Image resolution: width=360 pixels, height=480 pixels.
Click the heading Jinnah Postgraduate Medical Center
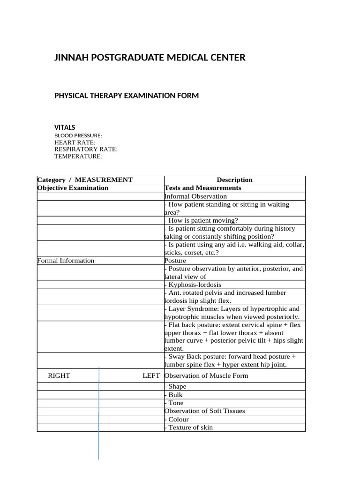click(150, 58)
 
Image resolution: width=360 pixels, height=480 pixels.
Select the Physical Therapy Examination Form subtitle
click(127, 96)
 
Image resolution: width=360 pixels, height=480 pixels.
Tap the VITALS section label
click(65, 127)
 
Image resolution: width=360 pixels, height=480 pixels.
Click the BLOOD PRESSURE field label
click(78, 135)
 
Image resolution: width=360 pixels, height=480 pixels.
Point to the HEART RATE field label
click(75, 142)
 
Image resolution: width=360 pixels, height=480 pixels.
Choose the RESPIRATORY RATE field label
click(86, 150)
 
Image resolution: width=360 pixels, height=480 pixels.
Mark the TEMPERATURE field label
click(78, 157)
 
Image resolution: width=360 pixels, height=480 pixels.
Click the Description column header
click(234, 180)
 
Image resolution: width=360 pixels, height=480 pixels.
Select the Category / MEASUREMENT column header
click(85, 180)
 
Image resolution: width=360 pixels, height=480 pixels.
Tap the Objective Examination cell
click(73, 188)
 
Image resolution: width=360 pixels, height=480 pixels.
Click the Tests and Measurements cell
click(203, 188)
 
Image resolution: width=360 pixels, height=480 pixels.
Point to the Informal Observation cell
click(195, 196)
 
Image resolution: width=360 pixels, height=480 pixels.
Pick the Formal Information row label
click(66, 261)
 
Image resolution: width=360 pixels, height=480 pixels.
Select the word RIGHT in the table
click(59, 376)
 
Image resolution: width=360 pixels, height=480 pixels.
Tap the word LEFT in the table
click(151, 376)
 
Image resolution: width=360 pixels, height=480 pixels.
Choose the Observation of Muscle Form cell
click(206, 376)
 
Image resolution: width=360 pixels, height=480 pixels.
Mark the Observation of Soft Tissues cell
click(204, 411)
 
